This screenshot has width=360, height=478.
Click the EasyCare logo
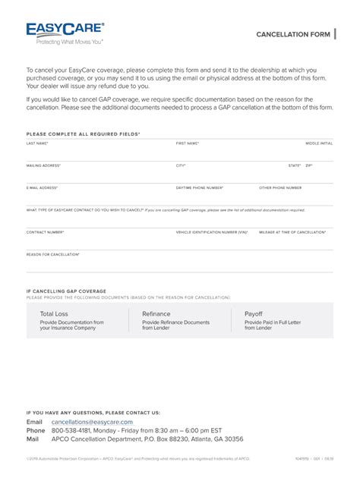(66, 33)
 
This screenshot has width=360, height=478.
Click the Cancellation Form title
(292, 35)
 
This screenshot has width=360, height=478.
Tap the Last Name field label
(37, 143)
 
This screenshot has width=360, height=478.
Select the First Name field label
(188, 143)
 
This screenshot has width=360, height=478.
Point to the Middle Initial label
(319, 143)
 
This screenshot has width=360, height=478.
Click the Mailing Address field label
(43, 165)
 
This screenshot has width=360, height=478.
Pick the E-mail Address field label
(42, 187)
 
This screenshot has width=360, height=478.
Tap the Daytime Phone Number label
(200, 187)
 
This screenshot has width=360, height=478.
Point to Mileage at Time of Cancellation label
(292, 232)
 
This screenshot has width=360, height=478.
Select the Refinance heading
(156, 313)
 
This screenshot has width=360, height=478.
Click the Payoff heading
(253, 313)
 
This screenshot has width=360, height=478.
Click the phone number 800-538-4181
(72, 430)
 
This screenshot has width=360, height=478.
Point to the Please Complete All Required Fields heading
(83, 134)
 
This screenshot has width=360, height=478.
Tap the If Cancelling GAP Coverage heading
(66, 291)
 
